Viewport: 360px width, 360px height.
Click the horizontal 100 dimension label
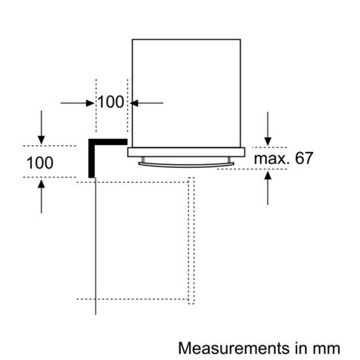[111, 102]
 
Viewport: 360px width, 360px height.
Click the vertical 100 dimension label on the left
[39, 163]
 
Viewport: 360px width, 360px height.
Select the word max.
[271, 159]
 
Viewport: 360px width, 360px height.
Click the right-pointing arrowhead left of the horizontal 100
[90, 103]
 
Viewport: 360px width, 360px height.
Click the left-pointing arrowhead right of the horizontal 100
[134, 103]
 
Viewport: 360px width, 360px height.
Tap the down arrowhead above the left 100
[41, 140]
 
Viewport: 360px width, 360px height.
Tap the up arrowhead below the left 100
[41, 183]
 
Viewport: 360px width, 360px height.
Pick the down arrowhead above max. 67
[267, 141]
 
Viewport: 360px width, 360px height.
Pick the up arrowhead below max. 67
[267, 175]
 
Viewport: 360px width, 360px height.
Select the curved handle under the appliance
[186, 165]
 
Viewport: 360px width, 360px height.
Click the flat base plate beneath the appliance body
[186, 152]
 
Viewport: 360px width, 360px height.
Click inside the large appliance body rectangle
[186, 93]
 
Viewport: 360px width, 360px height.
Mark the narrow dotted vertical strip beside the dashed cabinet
[191, 241]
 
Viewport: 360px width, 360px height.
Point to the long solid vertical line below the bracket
[96, 246]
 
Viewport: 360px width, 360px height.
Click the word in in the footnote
[302, 348]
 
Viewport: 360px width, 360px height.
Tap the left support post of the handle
[143, 159]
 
